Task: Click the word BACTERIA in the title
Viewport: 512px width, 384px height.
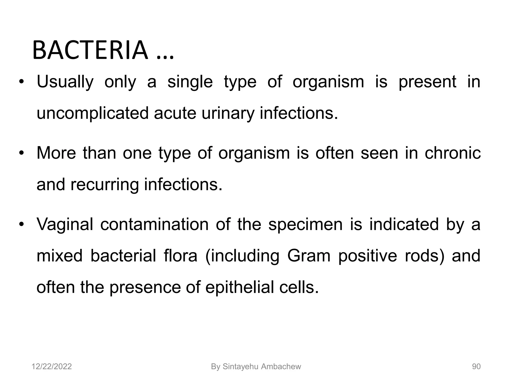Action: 90,50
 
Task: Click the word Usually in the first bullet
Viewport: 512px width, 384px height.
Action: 65,82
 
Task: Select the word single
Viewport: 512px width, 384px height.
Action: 190,82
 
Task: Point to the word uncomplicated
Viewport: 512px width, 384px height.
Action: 92,113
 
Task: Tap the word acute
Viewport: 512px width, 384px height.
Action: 175,113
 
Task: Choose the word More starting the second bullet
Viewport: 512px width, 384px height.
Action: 56,153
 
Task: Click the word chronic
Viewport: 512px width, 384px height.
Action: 452,153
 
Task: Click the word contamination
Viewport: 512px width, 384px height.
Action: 154,224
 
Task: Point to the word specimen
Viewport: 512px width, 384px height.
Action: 305,224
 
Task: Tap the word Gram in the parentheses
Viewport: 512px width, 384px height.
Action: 309,256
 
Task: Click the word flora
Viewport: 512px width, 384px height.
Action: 180,256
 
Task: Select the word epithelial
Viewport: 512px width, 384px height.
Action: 240,287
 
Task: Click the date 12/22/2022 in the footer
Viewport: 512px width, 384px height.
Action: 52,367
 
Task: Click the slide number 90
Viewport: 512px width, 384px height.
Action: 476,367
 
